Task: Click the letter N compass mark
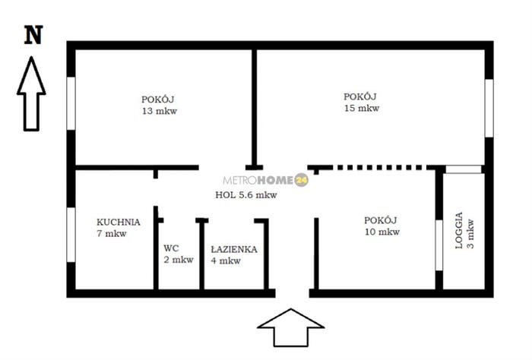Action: pyautogui.click(x=33, y=35)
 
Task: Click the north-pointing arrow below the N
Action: pyautogui.click(x=31, y=93)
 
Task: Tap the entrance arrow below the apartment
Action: pyautogui.click(x=291, y=327)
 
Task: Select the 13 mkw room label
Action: pyautogui.click(x=159, y=105)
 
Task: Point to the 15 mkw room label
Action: pyautogui.click(x=361, y=103)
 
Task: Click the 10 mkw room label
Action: pyautogui.click(x=382, y=226)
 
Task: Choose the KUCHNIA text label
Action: pyautogui.click(x=119, y=222)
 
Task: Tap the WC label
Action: pyautogui.click(x=171, y=248)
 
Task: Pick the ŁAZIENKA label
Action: pyautogui.click(x=234, y=249)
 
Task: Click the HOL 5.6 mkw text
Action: pyautogui.click(x=246, y=195)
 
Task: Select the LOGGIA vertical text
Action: pyautogui.click(x=459, y=231)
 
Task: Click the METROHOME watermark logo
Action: pyautogui.click(x=266, y=180)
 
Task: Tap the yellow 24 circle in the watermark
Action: pyautogui.click(x=301, y=180)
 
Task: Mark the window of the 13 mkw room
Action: pyautogui.click(x=71, y=103)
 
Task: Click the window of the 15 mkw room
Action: pyautogui.click(x=489, y=108)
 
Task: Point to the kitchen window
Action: pyautogui.click(x=71, y=235)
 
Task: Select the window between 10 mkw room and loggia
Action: pyautogui.click(x=439, y=245)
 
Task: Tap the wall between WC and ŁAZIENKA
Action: pyautogui.click(x=202, y=254)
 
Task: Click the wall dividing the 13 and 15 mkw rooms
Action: pyautogui.click(x=254, y=108)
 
